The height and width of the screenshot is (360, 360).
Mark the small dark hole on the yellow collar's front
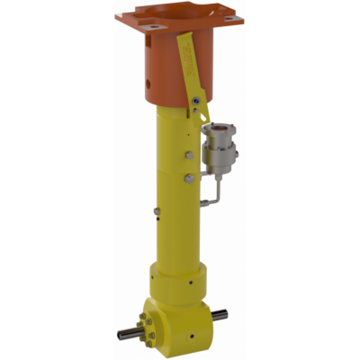coord(191,282)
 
